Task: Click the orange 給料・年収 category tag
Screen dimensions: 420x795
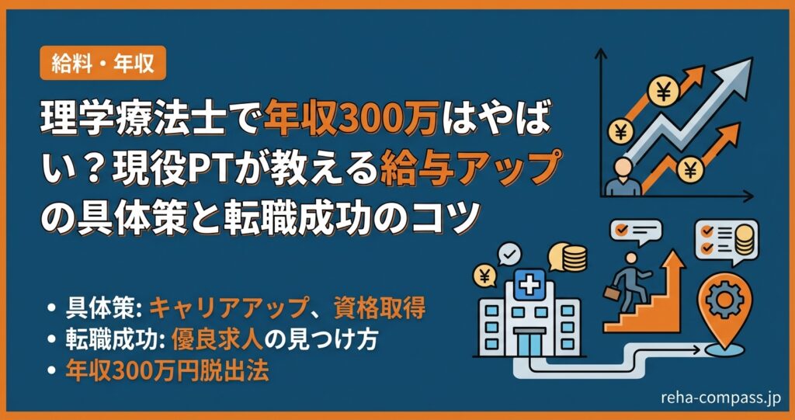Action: coord(102,63)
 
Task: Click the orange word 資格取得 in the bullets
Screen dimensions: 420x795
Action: coord(381,308)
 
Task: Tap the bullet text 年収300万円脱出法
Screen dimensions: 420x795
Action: coord(167,371)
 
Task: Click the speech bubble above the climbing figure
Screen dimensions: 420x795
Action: coord(634,229)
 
